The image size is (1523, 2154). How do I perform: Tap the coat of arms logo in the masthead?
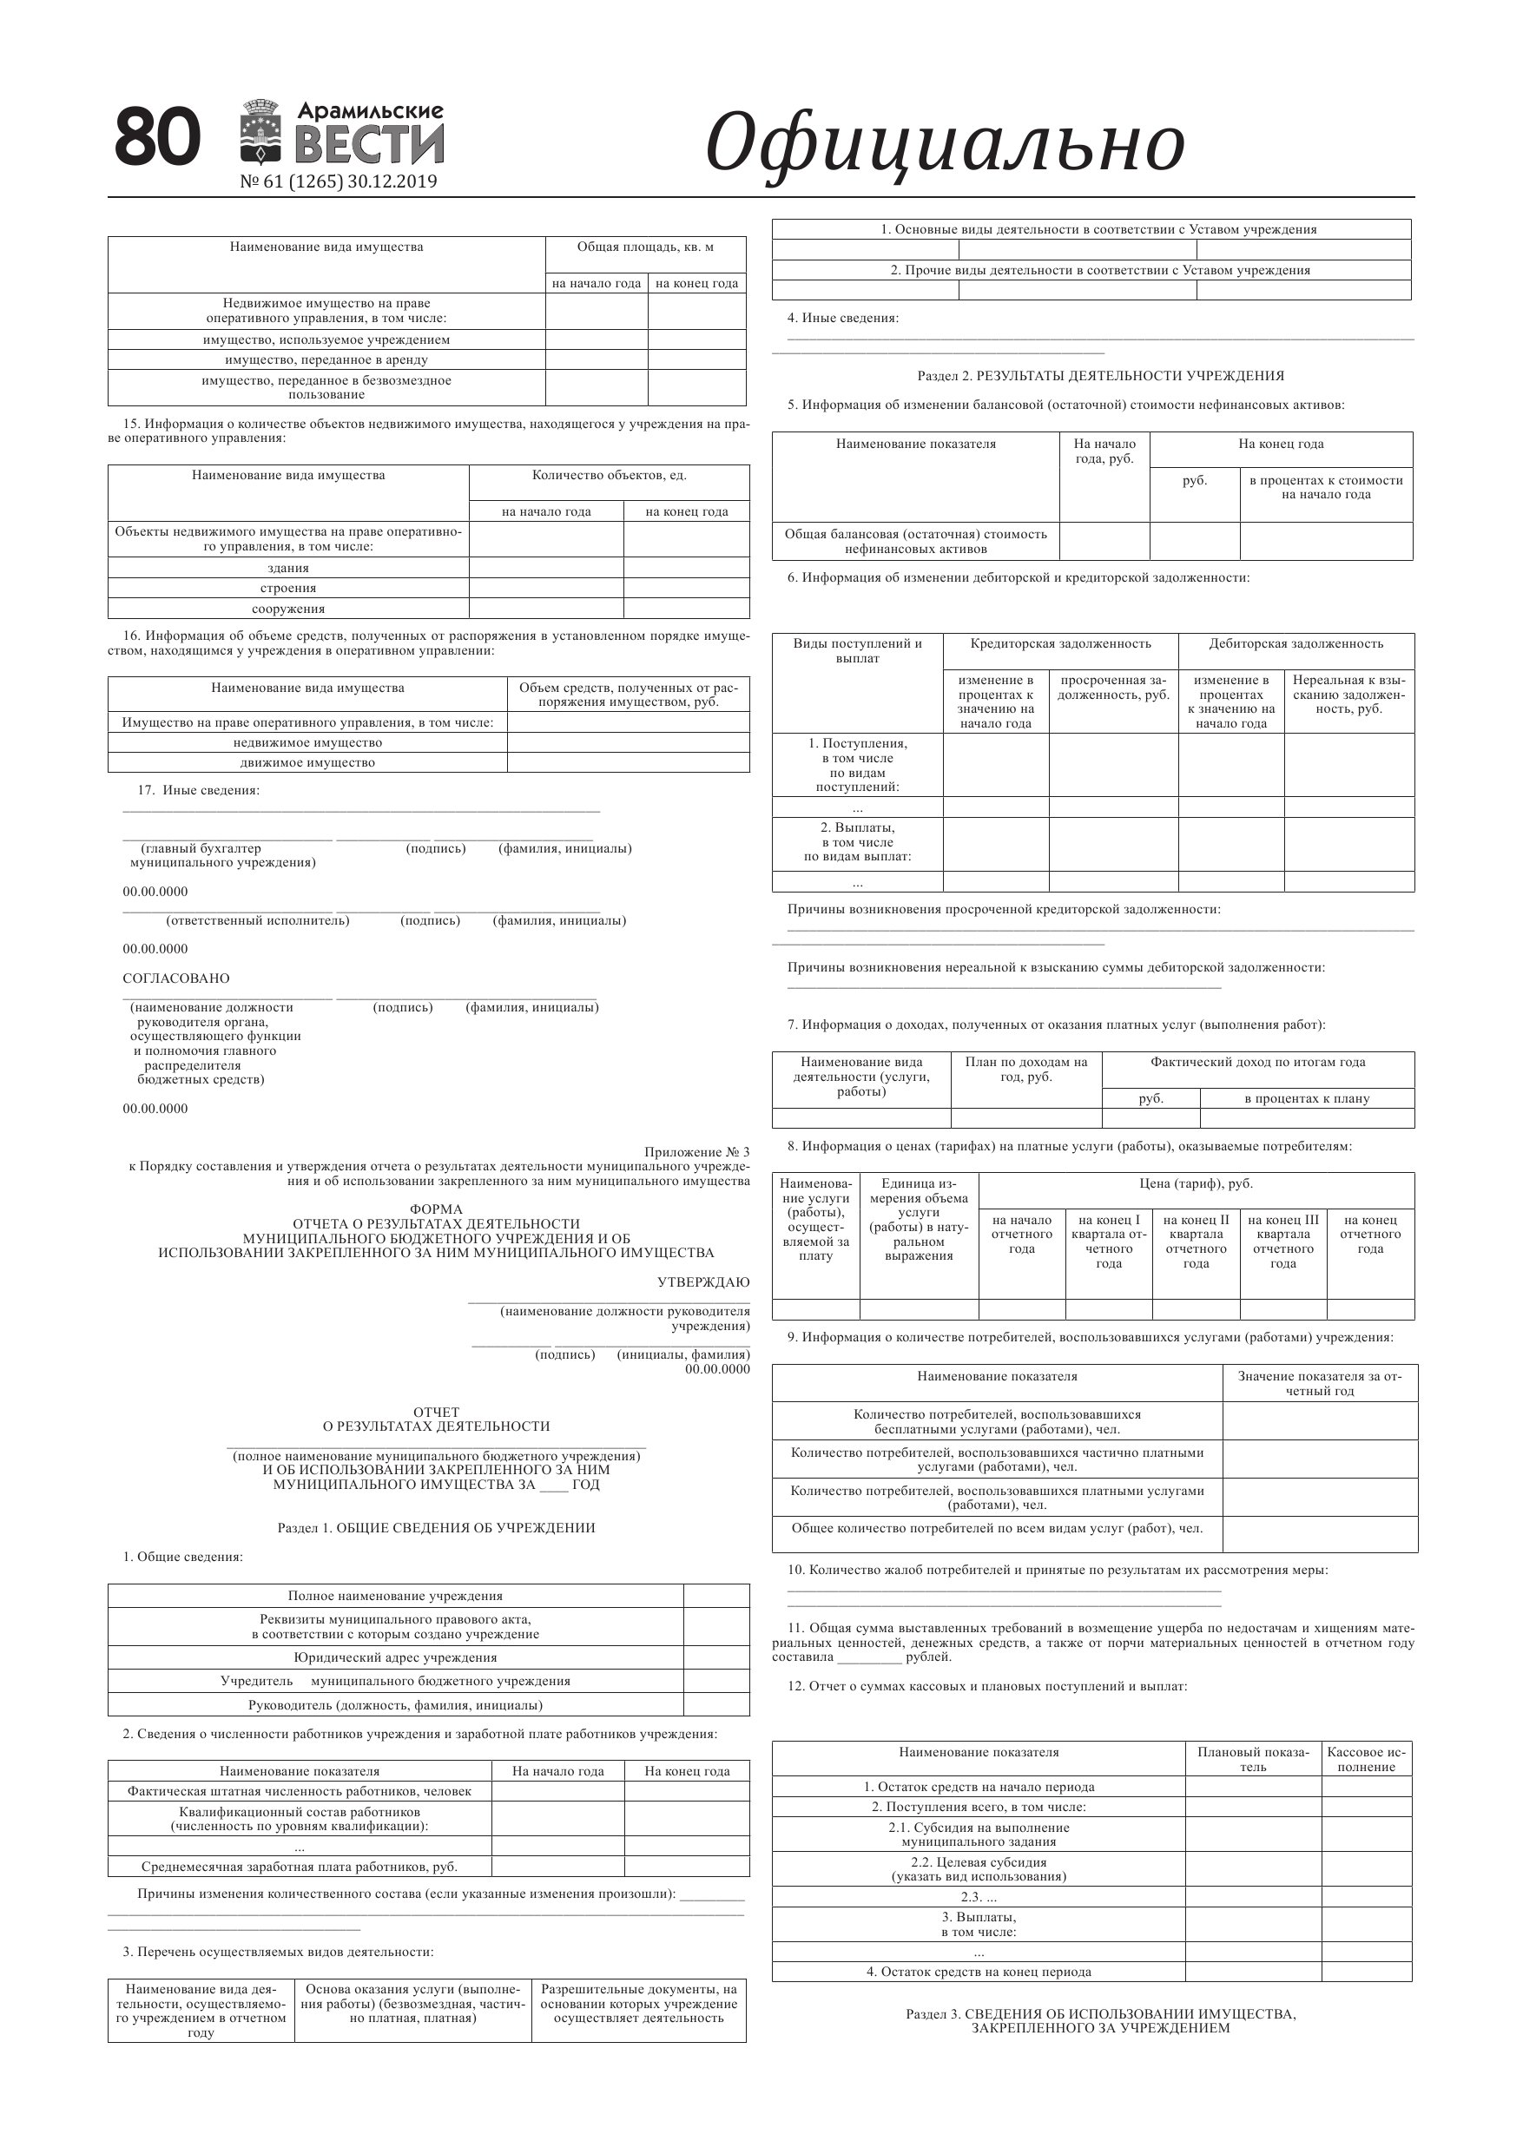click(x=262, y=132)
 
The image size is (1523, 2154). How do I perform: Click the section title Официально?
click(x=944, y=142)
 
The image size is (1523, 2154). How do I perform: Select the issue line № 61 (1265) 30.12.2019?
click(x=339, y=182)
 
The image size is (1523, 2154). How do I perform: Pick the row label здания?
click(x=288, y=569)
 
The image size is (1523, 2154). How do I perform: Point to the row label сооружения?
click(x=288, y=609)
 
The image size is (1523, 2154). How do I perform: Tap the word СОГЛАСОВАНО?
click(x=176, y=978)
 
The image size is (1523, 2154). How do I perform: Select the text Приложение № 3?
click(x=696, y=1152)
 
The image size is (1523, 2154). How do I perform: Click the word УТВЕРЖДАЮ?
click(x=702, y=1282)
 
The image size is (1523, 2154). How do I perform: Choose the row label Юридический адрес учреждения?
click(x=395, y=1657)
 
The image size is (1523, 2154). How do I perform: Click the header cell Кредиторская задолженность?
click(x=1060, y=643)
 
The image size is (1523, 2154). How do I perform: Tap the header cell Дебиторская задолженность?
click(x=1296, y=643)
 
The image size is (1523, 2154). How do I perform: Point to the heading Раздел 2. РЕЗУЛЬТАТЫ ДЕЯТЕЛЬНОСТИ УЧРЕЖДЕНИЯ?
click(x=1100, y=376)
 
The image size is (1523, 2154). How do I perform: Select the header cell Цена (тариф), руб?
click(x=1196, y=1184)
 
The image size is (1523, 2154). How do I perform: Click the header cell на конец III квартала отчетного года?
click(x=1282, y=1242)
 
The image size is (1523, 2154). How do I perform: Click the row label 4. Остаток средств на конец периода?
click(x=979, y=1972)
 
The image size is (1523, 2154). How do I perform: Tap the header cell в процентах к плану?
click(x=1306, y=1098)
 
